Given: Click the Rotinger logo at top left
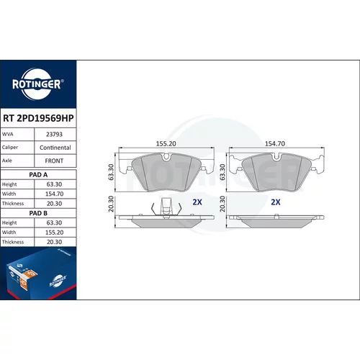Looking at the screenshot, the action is [38, 84].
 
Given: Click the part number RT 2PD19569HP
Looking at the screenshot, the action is [38, 118].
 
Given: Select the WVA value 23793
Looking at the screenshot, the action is [54, 134].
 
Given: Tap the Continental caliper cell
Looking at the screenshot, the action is [55, 148].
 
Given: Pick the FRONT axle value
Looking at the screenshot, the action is [54, 161].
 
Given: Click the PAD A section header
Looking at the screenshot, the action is [38, 175].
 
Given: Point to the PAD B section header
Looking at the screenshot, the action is [38, 213].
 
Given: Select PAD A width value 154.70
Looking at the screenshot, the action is [55, 194].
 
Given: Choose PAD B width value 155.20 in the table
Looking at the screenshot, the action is [55, 233].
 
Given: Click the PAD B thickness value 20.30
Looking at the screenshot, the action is [55, 242].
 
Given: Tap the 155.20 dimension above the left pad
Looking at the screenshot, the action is [166, 143].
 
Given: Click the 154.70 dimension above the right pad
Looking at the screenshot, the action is [275, 143].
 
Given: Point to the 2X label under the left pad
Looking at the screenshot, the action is [197, 202].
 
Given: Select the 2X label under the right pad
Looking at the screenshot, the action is [276, 202].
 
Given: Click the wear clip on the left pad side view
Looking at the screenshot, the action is [166, 207].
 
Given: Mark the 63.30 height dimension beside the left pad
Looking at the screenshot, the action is [111, 172].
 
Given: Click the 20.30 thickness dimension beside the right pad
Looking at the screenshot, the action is [222, 204].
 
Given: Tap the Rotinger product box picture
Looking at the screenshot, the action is [38, 274].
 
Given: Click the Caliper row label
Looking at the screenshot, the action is [10, 147].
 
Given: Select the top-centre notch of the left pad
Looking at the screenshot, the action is [166, 157].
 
